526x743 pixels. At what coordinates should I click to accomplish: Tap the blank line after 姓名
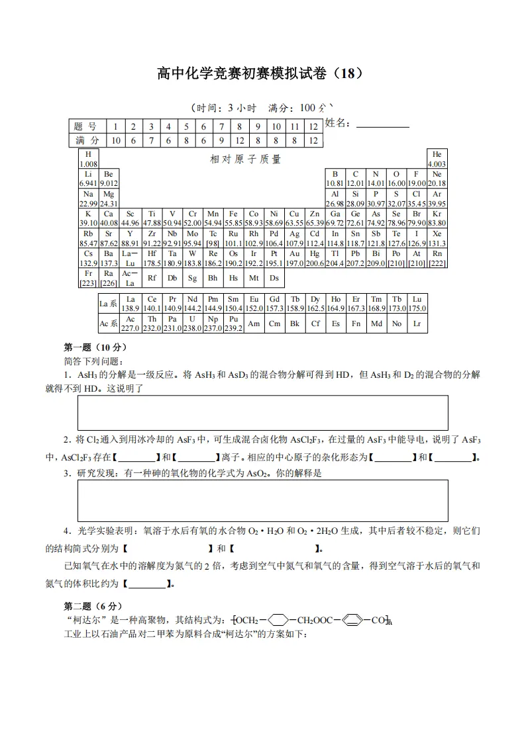coord(382,124)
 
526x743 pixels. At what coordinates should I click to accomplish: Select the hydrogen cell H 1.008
coord(88,159)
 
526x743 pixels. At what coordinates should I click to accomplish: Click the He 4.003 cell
coord(437,159)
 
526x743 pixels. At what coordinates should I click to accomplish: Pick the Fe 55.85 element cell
coord(233,218)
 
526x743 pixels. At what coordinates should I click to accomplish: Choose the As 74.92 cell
coord(376,218)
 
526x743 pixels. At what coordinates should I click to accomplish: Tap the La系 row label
coord(108,304)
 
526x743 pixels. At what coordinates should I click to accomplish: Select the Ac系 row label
coord(108,324)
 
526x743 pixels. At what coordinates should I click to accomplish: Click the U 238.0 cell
coord(192,323)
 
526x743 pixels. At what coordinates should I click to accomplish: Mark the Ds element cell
coord(274,278)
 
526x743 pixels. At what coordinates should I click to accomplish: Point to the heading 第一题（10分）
coord(95,347)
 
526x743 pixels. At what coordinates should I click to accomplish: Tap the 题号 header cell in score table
coord(87,126)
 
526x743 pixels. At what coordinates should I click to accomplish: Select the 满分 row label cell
coord(87,140)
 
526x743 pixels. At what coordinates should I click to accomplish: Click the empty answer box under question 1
coord(262,413)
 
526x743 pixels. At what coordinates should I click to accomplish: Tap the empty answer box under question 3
coord(262,500)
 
